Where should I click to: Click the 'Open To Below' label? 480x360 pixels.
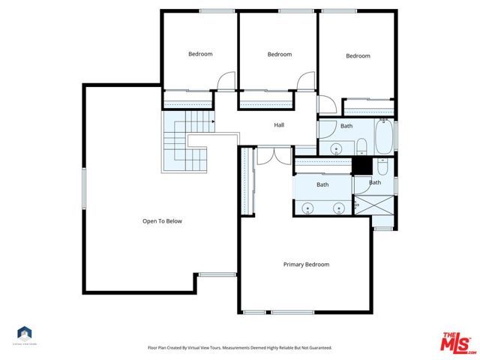pos(162,221)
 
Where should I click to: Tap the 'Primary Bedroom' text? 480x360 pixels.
pos(306,264)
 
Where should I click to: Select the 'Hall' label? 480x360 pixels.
pos(279,125)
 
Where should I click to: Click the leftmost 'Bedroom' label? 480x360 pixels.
pos(200,54)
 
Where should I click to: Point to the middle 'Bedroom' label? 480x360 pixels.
pos(279,54)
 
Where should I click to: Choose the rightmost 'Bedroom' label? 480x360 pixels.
pos(358,56)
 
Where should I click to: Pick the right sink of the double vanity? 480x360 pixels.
pos(338,208)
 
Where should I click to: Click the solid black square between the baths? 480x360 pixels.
pos(361,166)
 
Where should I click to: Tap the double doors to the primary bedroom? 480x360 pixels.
pos(273,155)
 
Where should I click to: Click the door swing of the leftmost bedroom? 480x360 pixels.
pos(226,81)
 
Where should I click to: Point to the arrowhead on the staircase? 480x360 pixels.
pos(214,120)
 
